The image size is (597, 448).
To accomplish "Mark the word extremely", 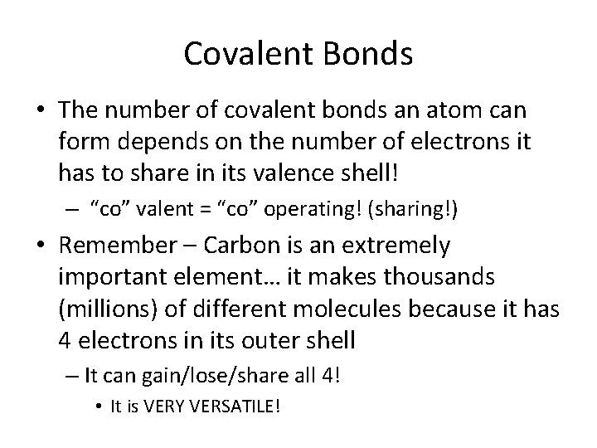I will pyautogui.click(x=402, y=245).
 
